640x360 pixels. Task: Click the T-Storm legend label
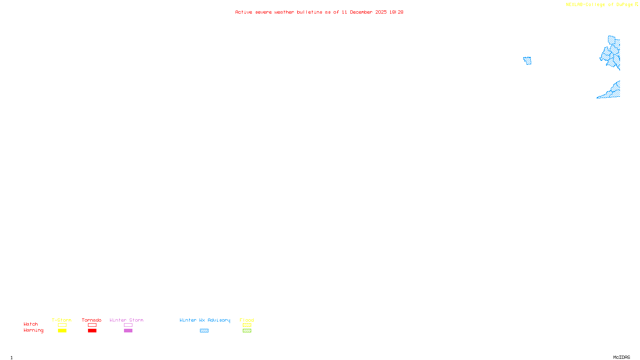pyautogui.click(x=62, y=320)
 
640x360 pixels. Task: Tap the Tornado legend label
pyautogui.click(x=92, y=320)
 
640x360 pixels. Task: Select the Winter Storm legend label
pyautogui.click(x=126, y=320)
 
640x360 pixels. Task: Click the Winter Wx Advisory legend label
pyautogui.click(x=205, y=320)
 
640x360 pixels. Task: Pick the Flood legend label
pyautogui.click(x=247, y=320)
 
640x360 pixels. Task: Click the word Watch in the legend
pyautogui.click(x=31, y=324)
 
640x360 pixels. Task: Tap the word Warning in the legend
pyautogui.click(x=34, y=330)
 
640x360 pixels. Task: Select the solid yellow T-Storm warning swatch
pyautogui.click(x=62, y=331)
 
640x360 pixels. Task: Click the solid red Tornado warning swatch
pyautogui.click(x=92, y=331)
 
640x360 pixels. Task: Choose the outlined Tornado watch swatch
pyautogui.click(x=92, y=325)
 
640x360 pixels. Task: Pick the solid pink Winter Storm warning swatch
pyautogui.click(x=128, y=331)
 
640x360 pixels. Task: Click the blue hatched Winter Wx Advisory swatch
pyautogui.click(x=204, y=331)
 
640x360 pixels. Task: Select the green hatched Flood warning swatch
pyautogui.click(x=247, y=331)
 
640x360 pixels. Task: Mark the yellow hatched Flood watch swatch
pyautogui.click(x=247, y=325)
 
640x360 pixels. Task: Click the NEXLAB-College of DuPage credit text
pyautogui.click(x=600, y=4)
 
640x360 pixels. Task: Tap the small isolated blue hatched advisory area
pyautogui.click(x=528, y=61)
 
